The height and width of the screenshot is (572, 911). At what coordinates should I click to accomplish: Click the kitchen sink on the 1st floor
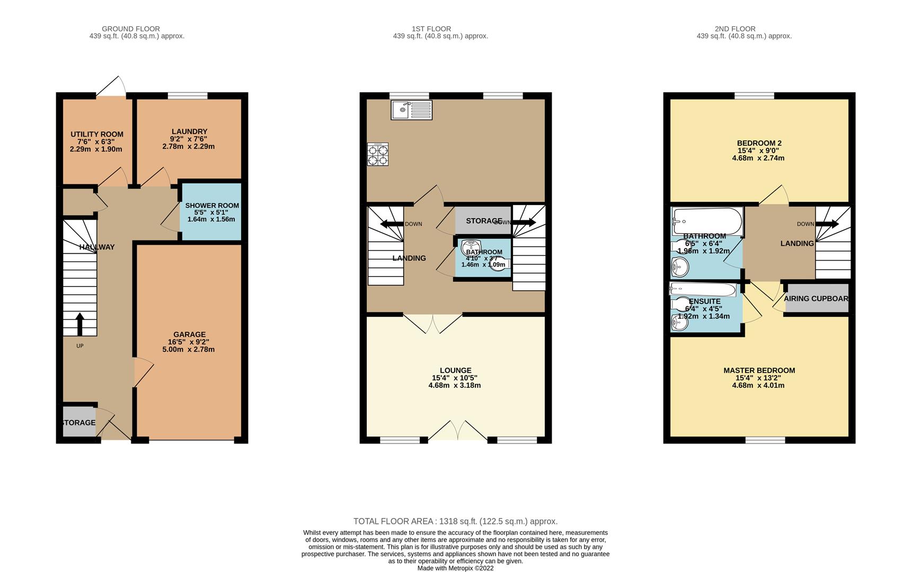(x=411, y=110)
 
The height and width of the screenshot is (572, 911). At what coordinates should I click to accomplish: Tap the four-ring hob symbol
(x=378, y=154)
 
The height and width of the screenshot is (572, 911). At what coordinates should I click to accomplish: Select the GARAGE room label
(x=189, y=335)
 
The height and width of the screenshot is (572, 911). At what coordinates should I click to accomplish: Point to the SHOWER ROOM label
(x=212, y=205)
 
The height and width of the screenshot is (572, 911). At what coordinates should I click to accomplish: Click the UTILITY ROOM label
(x=97, y=135)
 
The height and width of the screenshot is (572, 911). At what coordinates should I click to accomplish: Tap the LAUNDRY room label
(x=189, y=131)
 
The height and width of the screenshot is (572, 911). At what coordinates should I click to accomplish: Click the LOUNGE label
(x=455, y=371)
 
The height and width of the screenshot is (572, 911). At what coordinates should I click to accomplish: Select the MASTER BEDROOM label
(x=759, y=371)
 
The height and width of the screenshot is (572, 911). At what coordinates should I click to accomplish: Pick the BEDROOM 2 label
(x=759, y=143)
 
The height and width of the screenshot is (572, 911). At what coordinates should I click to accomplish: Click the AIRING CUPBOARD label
(x=816, y=299)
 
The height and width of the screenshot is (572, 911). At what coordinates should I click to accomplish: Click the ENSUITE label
(x=705, y=301)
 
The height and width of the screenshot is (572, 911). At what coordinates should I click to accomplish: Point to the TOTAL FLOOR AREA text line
(x=455, y=522)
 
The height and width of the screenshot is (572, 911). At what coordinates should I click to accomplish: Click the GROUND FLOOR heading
(x=131, y=29)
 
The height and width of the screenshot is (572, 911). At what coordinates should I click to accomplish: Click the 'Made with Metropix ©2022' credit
(x=455, y=568)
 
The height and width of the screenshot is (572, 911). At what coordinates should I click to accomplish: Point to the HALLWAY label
(x=97, y=247)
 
